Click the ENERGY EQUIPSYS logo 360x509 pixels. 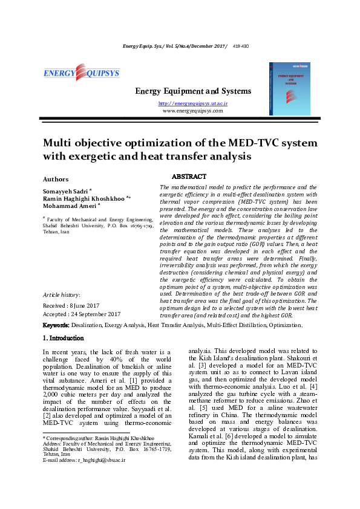(81, 74)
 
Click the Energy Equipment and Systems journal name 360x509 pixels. (192, 91)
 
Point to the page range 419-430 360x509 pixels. (240, 46)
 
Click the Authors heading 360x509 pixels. (55, 179)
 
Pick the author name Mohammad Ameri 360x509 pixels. (68, 205)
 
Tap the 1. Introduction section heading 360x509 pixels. (64, 339)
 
